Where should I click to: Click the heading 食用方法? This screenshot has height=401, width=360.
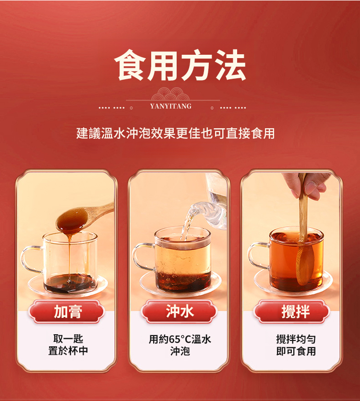(x=180, y=65)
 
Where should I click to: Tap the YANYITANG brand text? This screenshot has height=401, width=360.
(x=170, y=106)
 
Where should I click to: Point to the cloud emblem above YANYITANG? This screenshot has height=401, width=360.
(x=170, y=94)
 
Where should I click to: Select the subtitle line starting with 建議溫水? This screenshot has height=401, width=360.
(x=175, y=133)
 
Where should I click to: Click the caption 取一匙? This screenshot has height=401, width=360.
(x=68, y=339)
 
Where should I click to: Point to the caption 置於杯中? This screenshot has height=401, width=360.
(x=68, y=351)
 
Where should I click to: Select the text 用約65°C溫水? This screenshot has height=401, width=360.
(x=180, y=339)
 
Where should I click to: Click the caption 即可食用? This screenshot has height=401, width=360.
(x=296, y=351)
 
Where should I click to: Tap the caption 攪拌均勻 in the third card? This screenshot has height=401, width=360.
(x=296, y=339)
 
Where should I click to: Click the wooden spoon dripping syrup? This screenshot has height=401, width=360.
(x=82, y=218)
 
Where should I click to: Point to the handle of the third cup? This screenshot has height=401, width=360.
(x=258, y=256)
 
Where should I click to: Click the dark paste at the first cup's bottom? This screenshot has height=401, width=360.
(x=70, y=283)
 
